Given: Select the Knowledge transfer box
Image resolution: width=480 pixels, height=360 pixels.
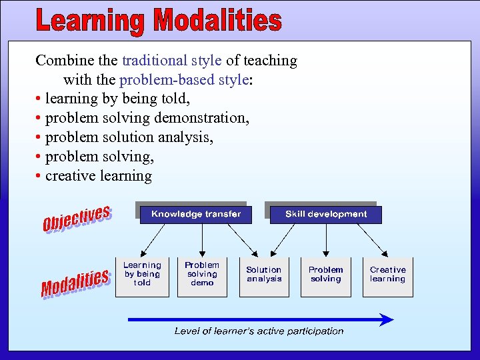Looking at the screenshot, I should [196, 214].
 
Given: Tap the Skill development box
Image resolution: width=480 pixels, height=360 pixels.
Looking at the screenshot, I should [325, 214].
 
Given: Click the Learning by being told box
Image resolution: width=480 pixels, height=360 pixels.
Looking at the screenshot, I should [141, 275].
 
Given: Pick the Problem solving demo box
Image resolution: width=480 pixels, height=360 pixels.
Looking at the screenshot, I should [202, 275].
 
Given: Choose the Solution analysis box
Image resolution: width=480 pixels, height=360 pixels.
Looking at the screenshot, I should [264, 275].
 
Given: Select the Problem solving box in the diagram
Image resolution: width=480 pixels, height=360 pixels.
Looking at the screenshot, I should [325, 275].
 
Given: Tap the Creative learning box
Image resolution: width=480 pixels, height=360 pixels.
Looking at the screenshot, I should [387, 275].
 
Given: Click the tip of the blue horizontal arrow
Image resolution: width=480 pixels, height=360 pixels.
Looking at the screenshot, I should [392, 320].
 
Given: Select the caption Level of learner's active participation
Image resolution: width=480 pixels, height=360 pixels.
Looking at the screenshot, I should [259, 331].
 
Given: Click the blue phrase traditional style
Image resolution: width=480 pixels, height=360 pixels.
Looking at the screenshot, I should [171, 61].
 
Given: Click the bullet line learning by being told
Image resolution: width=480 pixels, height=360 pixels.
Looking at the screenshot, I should [117, 99].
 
